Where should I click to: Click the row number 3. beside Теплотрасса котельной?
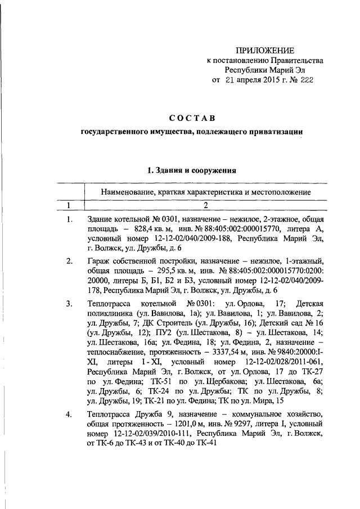[69, 304]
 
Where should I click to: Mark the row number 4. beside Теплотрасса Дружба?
[69, 415]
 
